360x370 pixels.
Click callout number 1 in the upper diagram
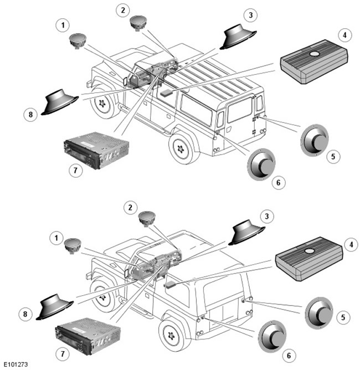(x=63, y=25)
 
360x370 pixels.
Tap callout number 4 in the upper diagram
(x=344, y=35)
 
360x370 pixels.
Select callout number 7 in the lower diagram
(x=63, y=354)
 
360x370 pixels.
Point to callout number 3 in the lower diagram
(x=267, y=216)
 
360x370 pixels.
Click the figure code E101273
(x=16, y=364)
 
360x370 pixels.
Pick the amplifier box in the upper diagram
(x=314, y=62)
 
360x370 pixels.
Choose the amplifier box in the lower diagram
(x=309, y=259)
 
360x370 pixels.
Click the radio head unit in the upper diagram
(x=96, y=150)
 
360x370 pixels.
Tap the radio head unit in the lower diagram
(x=88, y=336)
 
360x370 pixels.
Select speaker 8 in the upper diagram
(x=59, y=102)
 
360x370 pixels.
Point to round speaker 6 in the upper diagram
(x=261, y=165)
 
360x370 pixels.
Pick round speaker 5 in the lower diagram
(x=319, y=312)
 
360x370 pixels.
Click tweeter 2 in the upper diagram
(x=138, y=23)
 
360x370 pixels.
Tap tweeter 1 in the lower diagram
(x=73, y=245)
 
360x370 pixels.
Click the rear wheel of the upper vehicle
(x=182, y=148)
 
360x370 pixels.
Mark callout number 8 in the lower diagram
(x=25, y=314)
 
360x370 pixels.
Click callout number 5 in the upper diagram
(x=333, y=156)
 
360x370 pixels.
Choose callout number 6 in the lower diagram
(x=289, y=356)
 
